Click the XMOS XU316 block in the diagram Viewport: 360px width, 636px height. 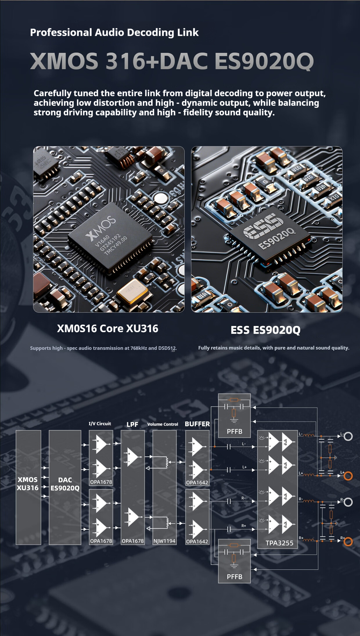[x=28, y=487]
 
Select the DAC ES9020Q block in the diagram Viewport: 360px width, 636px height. [x=65, y=487]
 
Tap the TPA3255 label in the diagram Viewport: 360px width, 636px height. [x=279, y=543]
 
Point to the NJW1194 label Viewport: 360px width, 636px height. [x=164, y=541]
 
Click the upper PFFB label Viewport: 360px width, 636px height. [x=234, y=431]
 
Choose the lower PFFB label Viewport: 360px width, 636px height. [x=234, y=576]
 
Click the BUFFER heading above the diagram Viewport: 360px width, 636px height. [x=197, y=424]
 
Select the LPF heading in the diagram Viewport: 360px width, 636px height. [x=132, y=424]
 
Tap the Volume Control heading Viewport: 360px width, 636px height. [x=163, y=424]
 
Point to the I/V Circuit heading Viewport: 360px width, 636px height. [x=100, y=424]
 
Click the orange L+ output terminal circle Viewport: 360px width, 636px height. [x=348, y=476]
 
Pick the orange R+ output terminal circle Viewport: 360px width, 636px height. [x=348, y=541]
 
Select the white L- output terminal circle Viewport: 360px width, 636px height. [x=348, y=436]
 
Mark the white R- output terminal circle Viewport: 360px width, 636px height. [x=348, y=502]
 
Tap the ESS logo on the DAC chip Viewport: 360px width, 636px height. [x=263, y=225]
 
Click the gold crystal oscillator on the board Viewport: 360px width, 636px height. [x=132, y=291]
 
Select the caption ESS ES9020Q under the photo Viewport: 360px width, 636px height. [x=265, y=330]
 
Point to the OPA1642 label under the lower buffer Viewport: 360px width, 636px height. [x=197, y=541]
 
